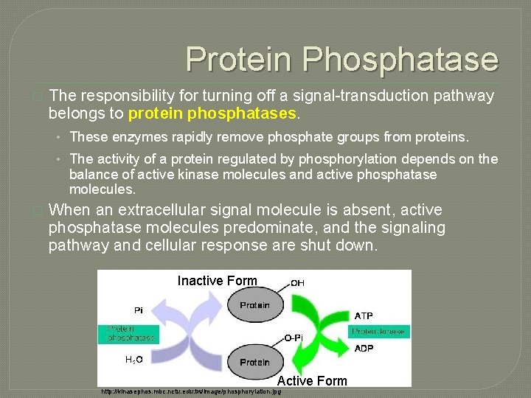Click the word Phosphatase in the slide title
(x=414, y=59)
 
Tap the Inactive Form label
(x=218, y=281)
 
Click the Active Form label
(x=312, y=380)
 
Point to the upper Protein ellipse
(x=254, y=305)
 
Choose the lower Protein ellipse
(x=254, y=363)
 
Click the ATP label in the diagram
(x=364, y=315)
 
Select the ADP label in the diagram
(x=364, y=348)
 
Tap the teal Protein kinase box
(x=378, y=332)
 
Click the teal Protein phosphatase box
(x=127, y=334)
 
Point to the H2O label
(x=133, y=360)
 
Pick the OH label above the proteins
(x=297, y=282)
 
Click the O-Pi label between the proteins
(x=293, y=338)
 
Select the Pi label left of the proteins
(x=139, y=310)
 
